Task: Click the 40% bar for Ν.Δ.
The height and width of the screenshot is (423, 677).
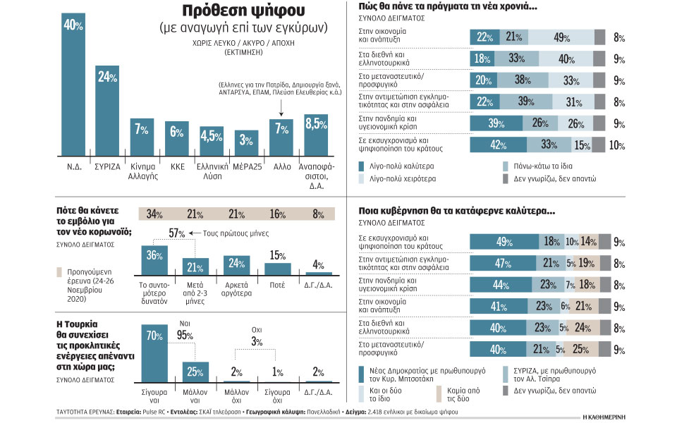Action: click(73, 85)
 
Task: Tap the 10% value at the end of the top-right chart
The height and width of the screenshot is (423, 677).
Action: click(616, 145)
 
